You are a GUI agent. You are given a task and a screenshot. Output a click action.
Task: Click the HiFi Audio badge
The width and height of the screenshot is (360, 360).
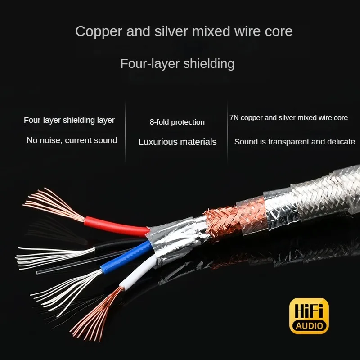pyautogui.click(x=309, y=316)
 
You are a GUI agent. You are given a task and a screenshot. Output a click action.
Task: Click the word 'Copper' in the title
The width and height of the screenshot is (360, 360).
pyautogui.click(x=98, y=31)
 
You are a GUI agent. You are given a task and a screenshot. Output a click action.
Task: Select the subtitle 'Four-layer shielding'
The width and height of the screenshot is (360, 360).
pyautogui.click(x=177, y=63)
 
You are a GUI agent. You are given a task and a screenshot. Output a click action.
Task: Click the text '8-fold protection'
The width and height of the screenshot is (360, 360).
pyautogui.click(x=177, y=122)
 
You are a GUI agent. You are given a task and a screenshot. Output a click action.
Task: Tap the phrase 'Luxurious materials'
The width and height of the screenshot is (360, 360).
pyautogui.click(x=177, y=142)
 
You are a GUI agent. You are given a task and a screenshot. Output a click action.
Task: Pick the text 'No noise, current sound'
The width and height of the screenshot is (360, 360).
pyautogui.click(x=72, y=140)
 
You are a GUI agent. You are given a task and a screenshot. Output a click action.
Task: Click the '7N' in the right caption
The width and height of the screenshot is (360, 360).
pyautogui.click(x=234, y=118)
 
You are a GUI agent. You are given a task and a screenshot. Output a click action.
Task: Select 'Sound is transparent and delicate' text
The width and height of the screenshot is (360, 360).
pyautogui.click(x=294, y=142)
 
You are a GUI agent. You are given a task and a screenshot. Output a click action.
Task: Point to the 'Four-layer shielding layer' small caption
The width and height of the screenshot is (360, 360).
pyautogui.click(x=69, y=120)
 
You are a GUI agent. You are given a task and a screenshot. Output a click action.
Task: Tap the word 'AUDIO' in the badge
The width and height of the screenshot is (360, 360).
pyautogui.click(x=309, y=325)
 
